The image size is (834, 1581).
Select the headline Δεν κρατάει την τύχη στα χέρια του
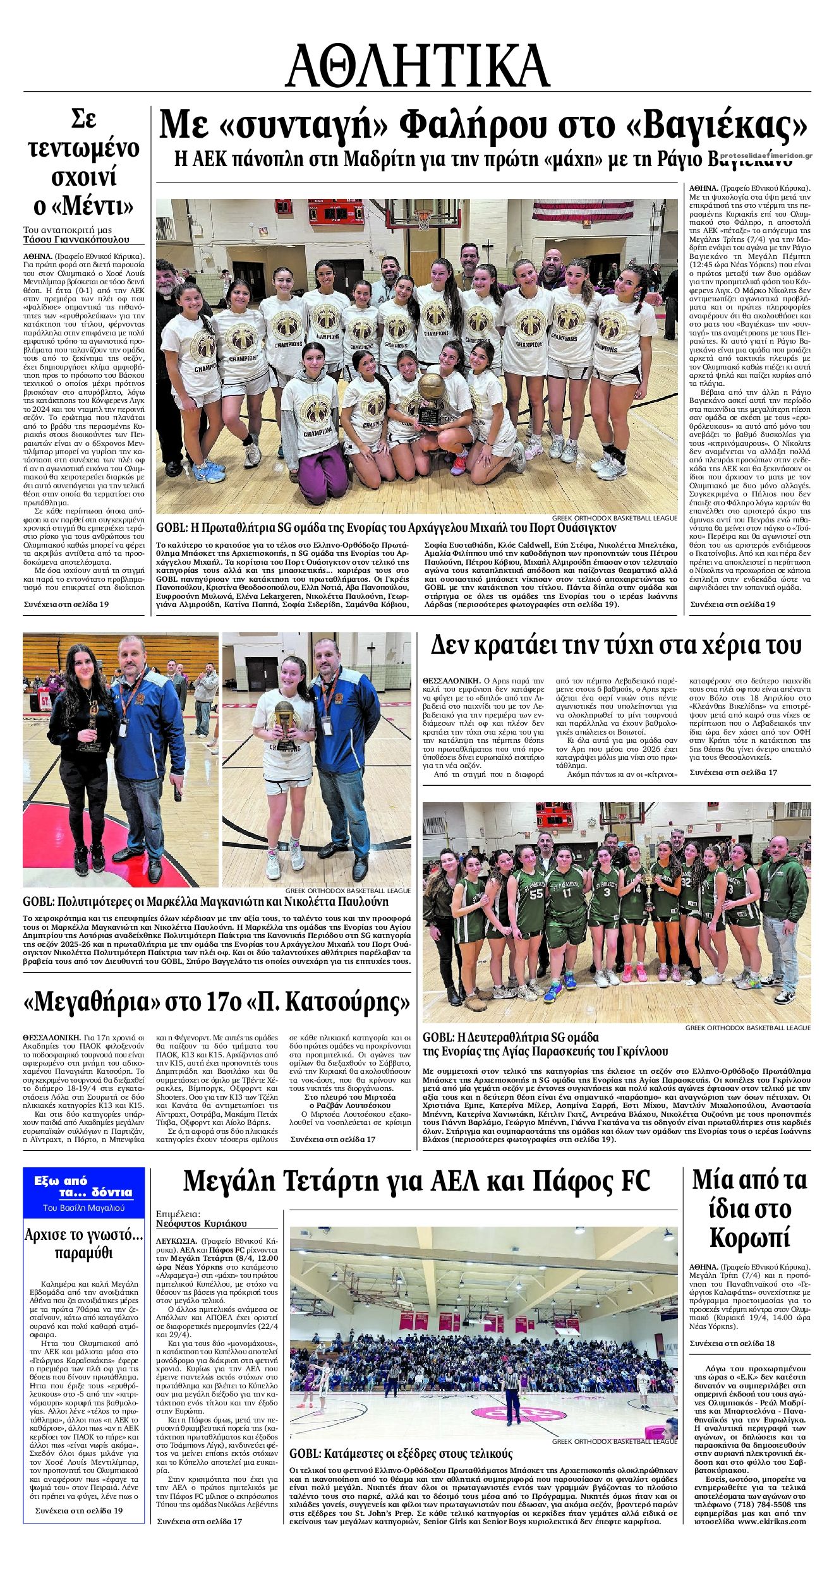point(615,646)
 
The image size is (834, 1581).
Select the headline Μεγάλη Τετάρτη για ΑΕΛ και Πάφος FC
point(416,1180)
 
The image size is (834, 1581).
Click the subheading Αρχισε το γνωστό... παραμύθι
point(84,1242)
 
